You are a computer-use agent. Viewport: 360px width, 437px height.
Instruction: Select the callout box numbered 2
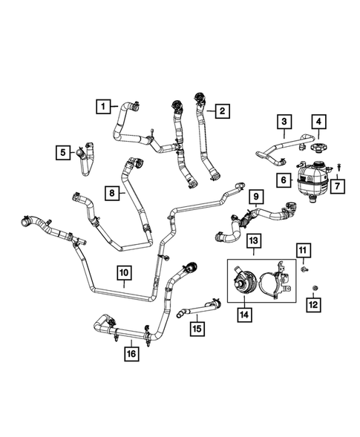222,111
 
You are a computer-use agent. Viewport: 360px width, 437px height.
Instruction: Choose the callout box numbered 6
284,180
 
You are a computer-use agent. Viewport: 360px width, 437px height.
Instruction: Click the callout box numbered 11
305,251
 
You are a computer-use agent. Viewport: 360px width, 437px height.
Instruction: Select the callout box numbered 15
197,327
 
